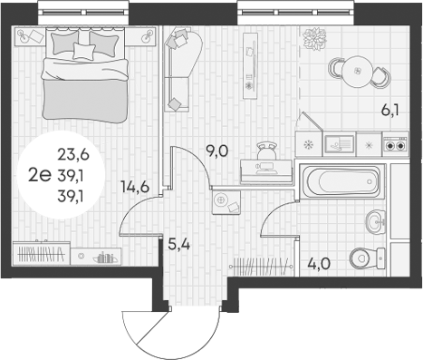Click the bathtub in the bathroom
pyautogui.click(x=340, y=183)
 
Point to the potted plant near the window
pyautogui.click(x=314, y=39)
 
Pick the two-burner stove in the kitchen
pyautogui.click(x=396, y=142)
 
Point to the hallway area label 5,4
pyautogui.click(x=179, y=244)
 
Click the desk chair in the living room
pyautogui.click(x=266, y=149)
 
